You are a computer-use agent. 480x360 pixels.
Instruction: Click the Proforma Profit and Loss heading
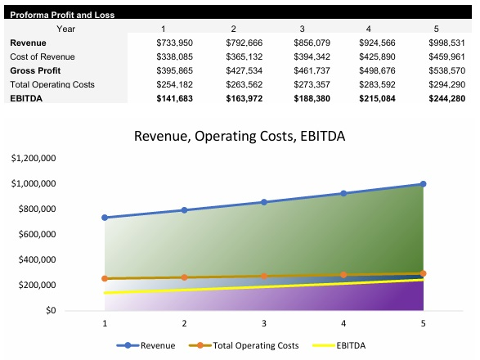click(62, 15)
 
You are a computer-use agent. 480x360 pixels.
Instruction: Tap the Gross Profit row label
click(35, 70)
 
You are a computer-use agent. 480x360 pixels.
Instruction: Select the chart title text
click(240, 136)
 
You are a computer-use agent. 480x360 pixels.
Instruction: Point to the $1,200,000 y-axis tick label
click(33, 158)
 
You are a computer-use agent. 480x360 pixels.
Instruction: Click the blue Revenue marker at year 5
click(423, 184)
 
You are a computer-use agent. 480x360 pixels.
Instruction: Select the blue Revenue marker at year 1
click(105, 218)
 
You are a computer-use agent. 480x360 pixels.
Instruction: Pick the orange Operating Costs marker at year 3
click(264, 276)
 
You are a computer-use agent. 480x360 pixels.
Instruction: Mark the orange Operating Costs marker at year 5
click(423, 273)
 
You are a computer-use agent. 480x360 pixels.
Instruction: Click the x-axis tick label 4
click(343, 322)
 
